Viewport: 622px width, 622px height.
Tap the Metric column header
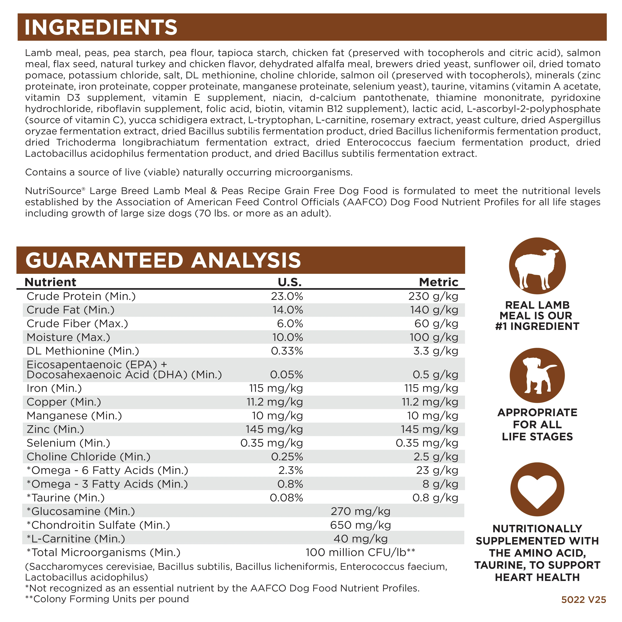click(x=438, y=282)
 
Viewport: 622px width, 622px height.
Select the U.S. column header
click(x=290, y=282)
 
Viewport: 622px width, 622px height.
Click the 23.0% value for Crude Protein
click(x=287, y=296)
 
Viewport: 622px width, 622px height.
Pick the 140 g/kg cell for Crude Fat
click(x=434, y=310)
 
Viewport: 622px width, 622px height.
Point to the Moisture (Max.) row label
click(x=68, y=337)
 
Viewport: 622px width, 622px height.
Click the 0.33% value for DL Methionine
click(x=287, y=351)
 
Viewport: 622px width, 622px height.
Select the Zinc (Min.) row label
click(x=55, y=429)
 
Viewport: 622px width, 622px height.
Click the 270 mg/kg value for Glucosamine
click(x=361, y=512)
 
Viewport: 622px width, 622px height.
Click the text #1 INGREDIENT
click(x=537, y=326)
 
